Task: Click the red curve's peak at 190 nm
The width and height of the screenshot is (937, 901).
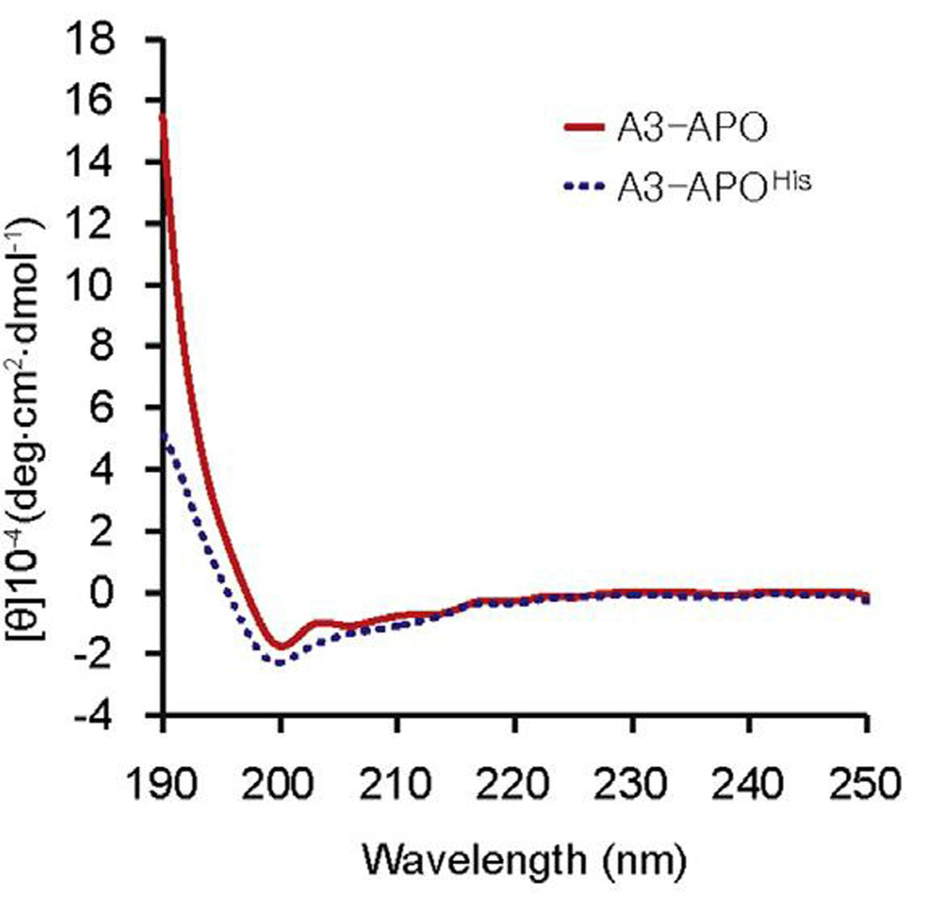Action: coord(163,115)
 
